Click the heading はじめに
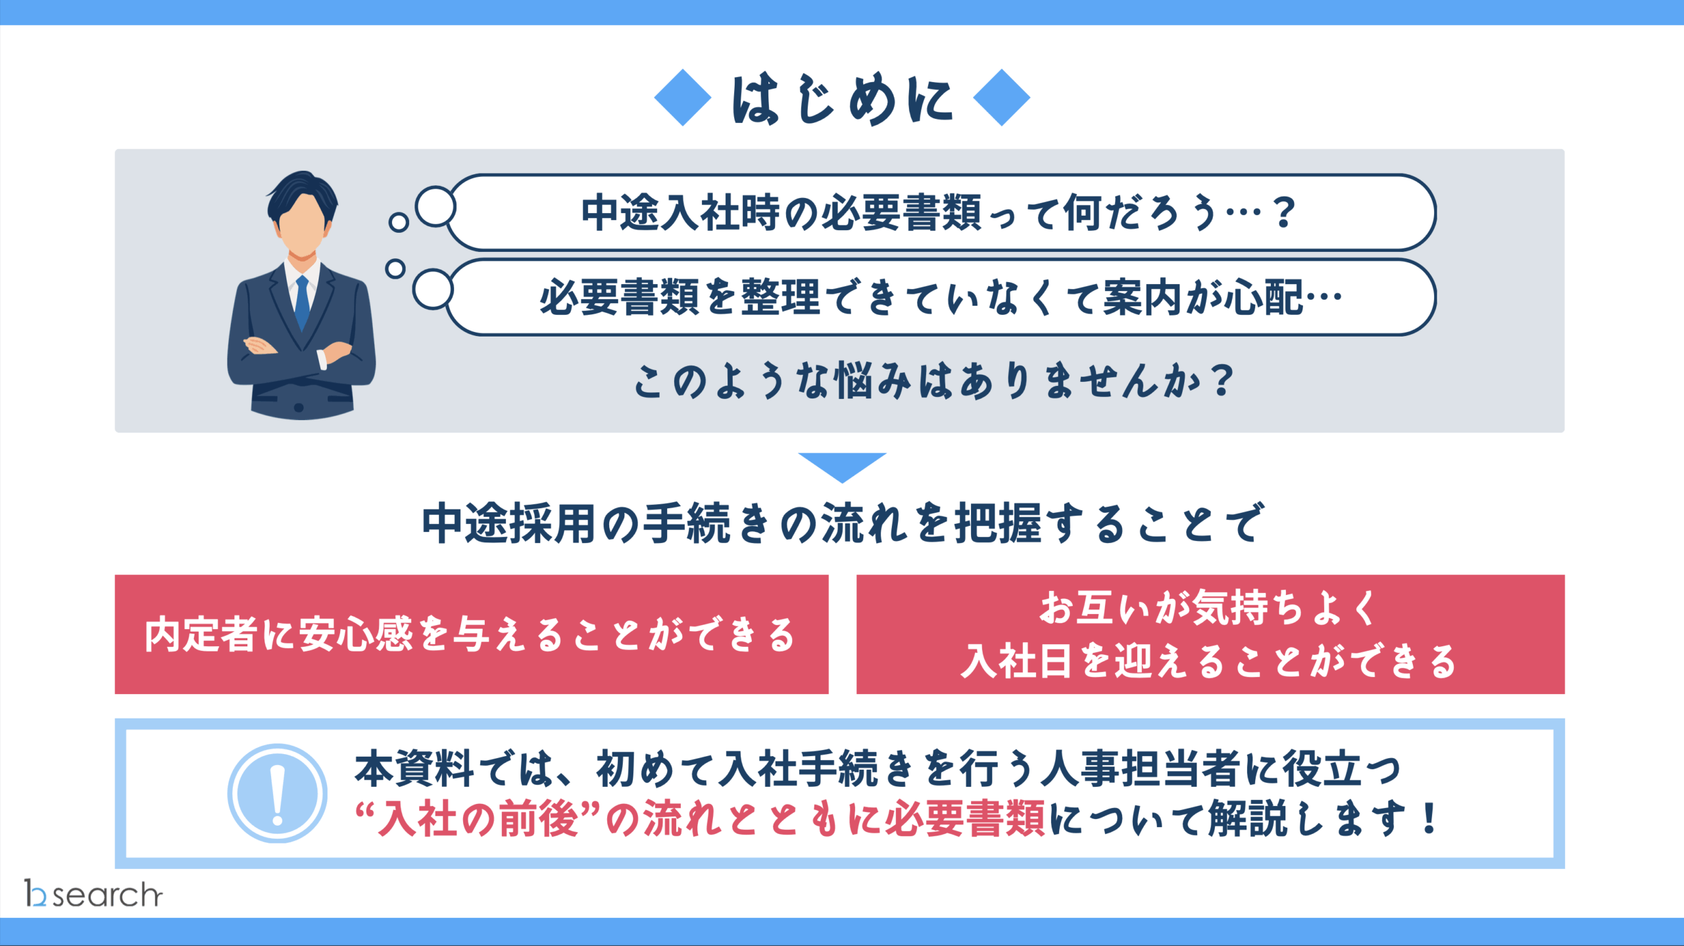click(842, 99)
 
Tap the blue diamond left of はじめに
click(683, 97)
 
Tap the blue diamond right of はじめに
click(1001, 97)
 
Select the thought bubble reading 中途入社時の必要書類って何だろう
click(941, 212)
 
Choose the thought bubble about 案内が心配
click(941, 297)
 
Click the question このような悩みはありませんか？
click(934, 381)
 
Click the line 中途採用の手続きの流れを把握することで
click(842, 523)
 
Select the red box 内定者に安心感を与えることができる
click(472, 634)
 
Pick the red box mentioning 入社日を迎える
click(1210, 634)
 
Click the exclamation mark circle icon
click(277, 793)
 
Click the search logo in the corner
click(93, 894)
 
